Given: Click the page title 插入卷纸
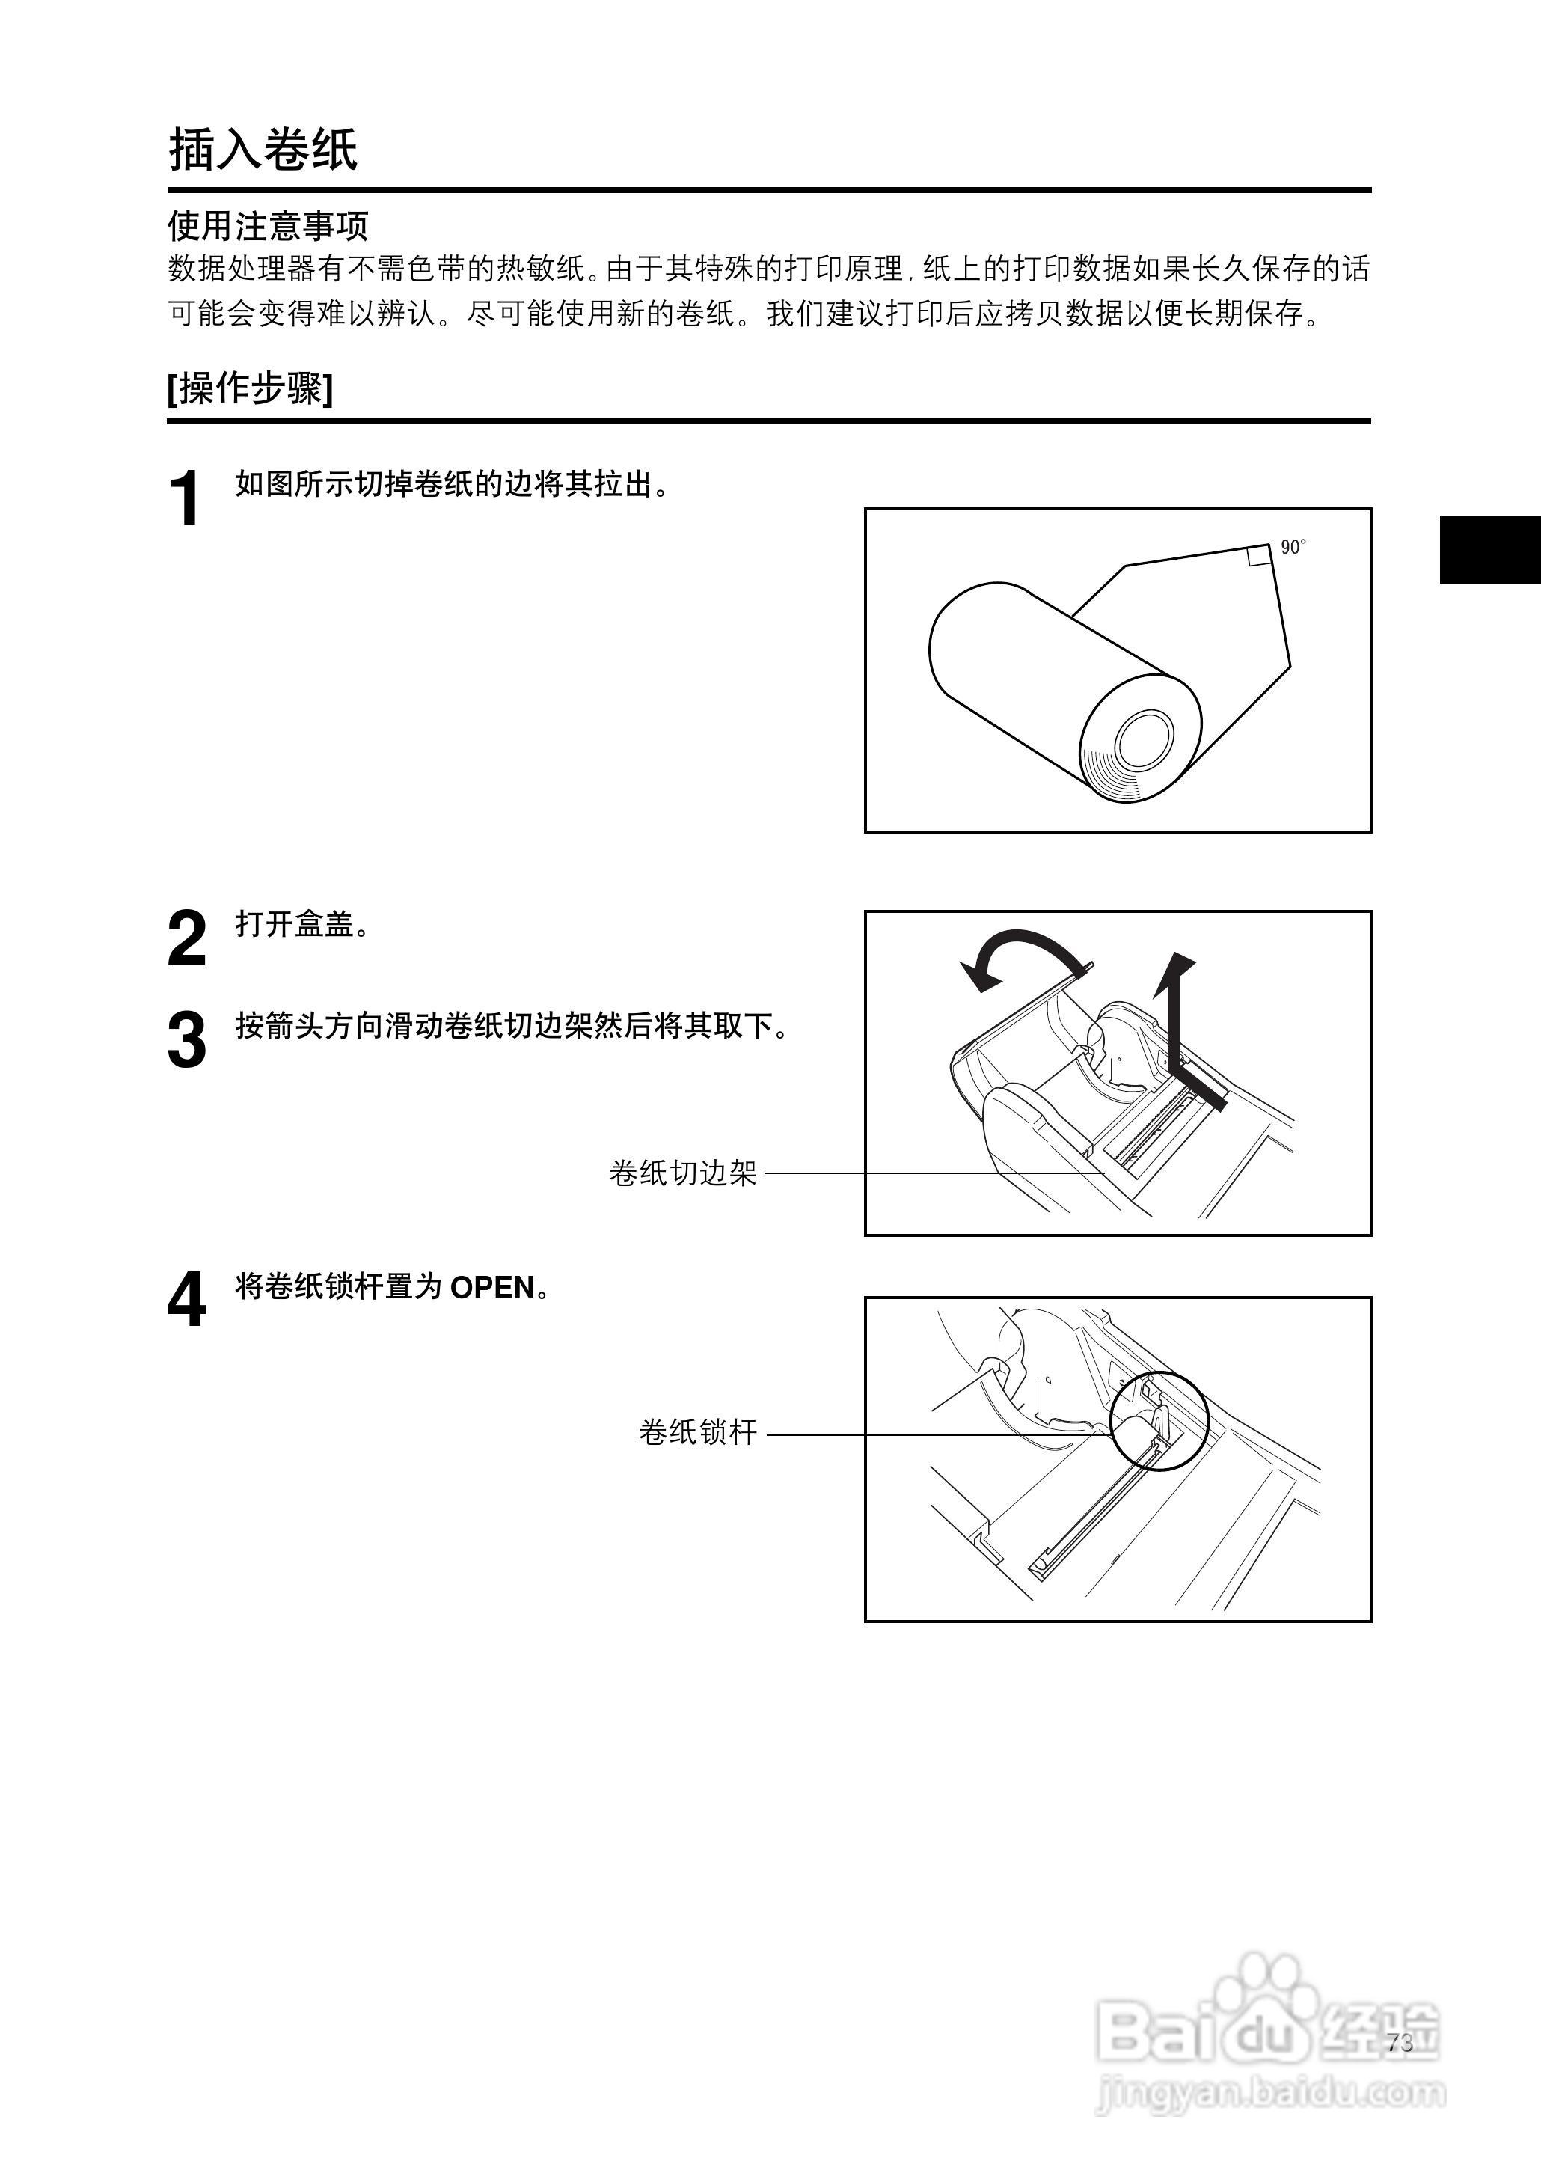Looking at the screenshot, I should [263, 150].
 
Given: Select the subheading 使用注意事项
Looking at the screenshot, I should [268, 226].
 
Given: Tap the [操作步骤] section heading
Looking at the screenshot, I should [251, 388].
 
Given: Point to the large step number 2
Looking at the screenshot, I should [186, 938].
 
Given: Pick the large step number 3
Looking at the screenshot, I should [186, 1040].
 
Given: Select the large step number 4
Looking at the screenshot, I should [186, 1301].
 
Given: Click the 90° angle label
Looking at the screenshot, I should [1293, 548].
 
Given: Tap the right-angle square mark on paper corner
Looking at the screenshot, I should [1259, 556].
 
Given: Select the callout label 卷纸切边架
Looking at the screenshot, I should [682, 1173].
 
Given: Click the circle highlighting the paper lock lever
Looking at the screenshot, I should [1159, 1421].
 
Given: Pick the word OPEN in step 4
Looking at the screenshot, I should [491, 1288].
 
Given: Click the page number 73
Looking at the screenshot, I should [1400, 2044].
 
